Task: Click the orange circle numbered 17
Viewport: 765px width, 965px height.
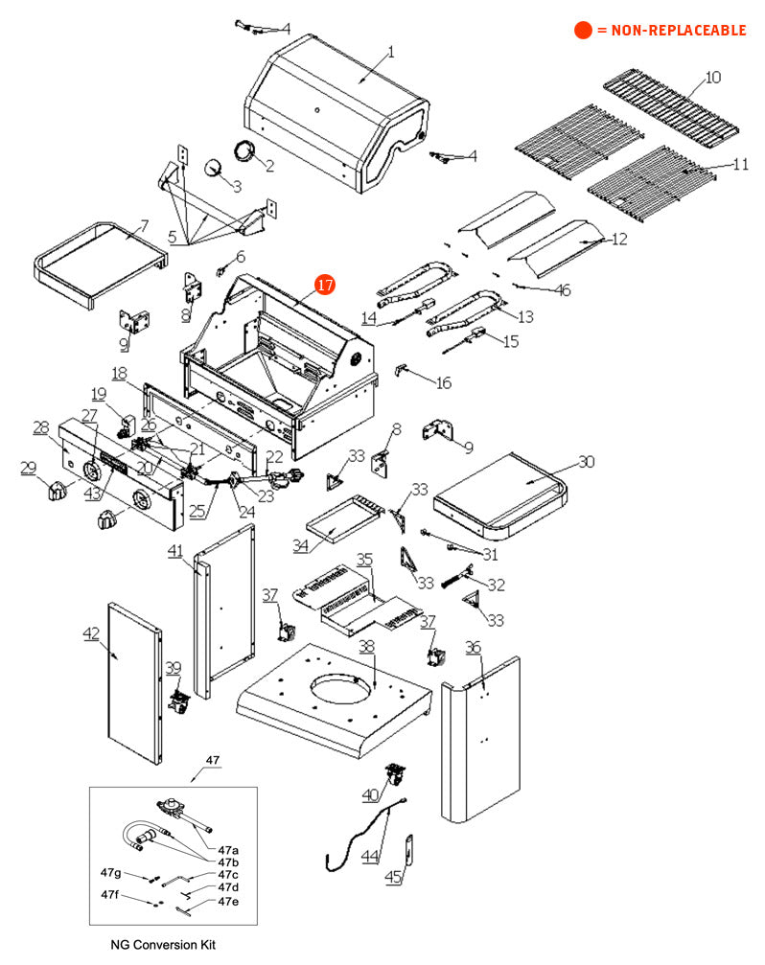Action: point(324,285)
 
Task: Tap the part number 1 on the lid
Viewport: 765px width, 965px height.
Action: point(390,52)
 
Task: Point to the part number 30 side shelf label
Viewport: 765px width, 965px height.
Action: point(585,462)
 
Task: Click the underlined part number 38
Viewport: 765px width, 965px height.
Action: point(367,647)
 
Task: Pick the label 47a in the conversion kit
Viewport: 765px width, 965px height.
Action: point(228,850)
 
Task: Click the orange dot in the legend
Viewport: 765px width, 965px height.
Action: point(582,31)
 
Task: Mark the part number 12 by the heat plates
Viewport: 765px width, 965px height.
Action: point(619,239)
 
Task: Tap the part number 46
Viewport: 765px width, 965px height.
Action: point(563,289)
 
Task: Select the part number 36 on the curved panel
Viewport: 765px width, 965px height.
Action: point(473,649)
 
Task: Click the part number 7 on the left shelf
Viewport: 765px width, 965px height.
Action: point(144,226)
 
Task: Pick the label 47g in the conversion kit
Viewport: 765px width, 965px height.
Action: point(111,873)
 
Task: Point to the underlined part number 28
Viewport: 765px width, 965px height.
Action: point(40,426)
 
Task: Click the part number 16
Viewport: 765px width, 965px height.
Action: point(444,382)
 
